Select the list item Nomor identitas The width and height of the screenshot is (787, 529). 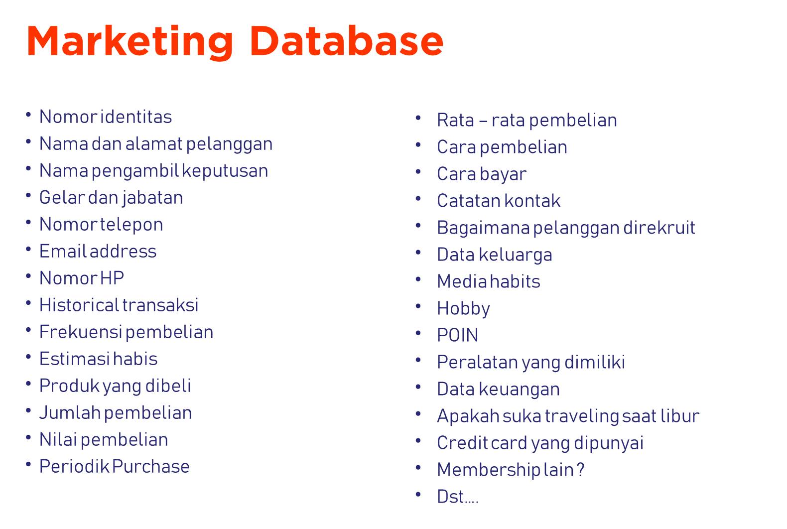[106, 117]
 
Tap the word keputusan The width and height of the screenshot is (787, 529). [225, 171]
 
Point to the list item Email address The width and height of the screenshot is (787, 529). [98, 252]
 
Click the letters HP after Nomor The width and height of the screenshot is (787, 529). [112, 278]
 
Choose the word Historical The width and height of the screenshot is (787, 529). [79, 305]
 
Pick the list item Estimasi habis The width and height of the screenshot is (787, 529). [98, 359]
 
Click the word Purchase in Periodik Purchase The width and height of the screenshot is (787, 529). [151, 467]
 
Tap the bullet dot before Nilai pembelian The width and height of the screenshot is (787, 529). [29, 437]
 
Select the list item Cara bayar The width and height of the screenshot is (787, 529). [481, 174]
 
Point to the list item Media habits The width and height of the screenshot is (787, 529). [488, 282]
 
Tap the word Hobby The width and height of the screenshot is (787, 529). [463, 309]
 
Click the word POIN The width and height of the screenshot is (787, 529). [457, 336]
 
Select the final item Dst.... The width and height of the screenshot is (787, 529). [457, 497]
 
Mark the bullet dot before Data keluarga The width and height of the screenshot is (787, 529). [418, 252]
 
